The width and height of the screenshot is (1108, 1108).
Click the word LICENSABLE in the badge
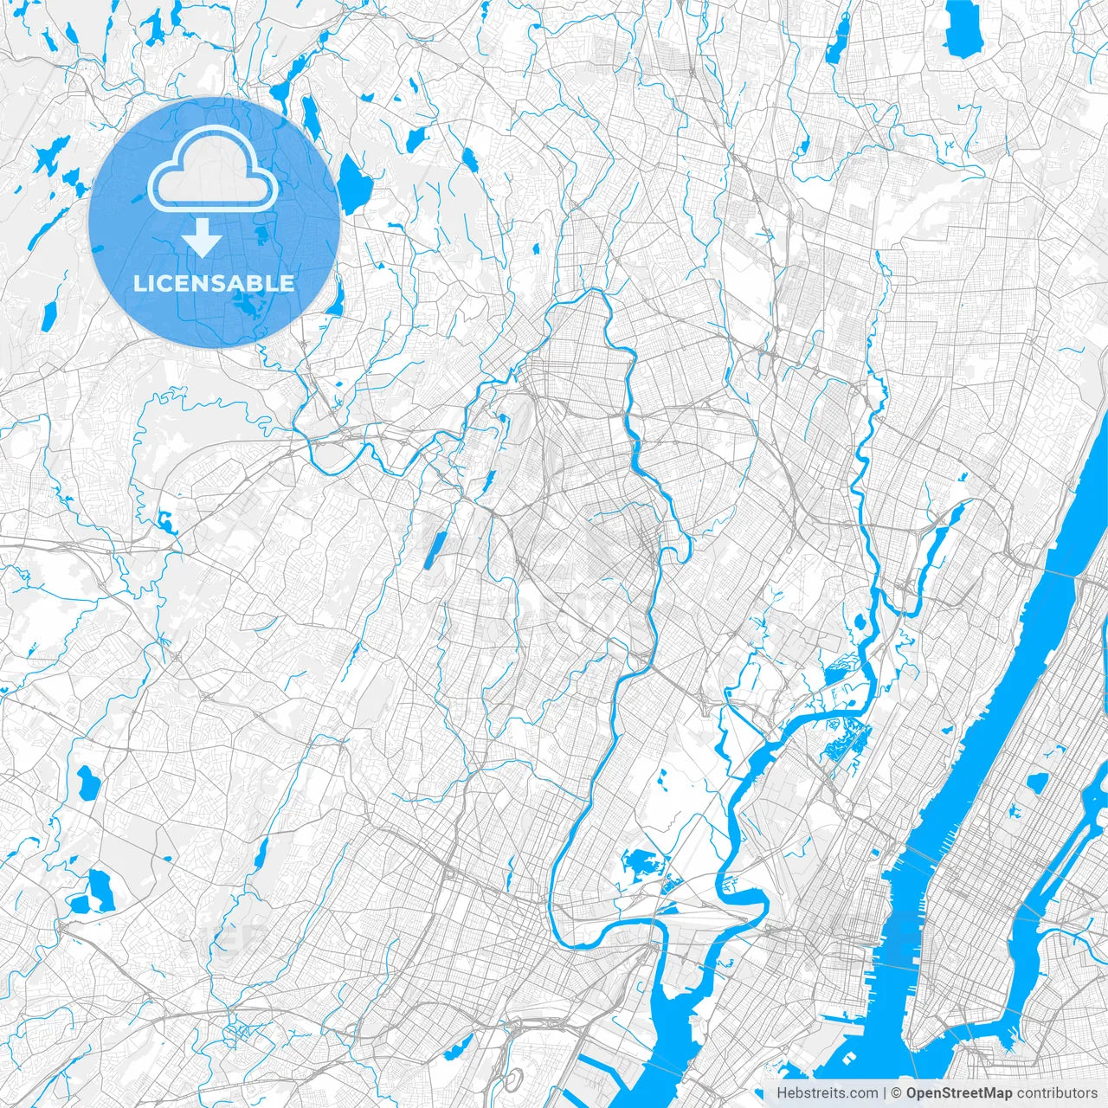(x=214, y=283)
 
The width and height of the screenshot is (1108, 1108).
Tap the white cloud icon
(x=213, y=171)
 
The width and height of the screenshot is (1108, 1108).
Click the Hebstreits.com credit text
(x=827, y=1093)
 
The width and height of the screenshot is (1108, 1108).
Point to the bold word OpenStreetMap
(x=959, y=1093)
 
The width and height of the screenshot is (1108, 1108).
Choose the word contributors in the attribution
(x=1057, y=1093)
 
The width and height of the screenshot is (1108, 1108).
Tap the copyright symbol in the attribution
(x=897, y=1093)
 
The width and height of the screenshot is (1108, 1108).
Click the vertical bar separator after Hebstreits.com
(x=885, y=1093)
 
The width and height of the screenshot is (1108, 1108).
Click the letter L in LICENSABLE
(x=138, y=283)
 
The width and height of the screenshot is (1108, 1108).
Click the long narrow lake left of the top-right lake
(x=838, y=39)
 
